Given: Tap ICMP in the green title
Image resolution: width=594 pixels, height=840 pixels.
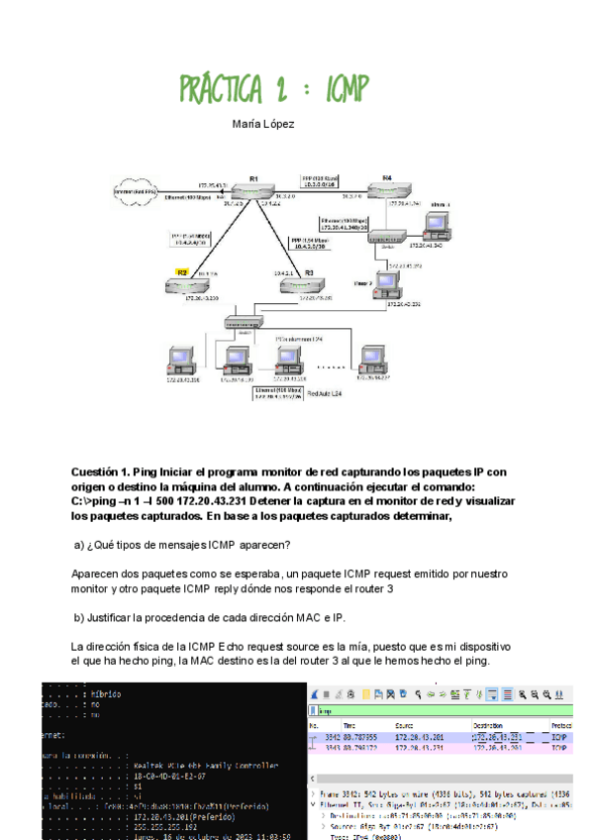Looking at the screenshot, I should point(342,89).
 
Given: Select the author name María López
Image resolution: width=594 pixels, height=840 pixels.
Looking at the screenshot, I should point(263,125).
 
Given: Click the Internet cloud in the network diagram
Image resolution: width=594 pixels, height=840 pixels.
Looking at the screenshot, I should point(138,190).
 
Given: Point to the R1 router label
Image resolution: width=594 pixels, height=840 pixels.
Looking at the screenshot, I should point(254,178).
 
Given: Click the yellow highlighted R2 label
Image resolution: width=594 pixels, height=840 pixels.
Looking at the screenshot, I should point(182,271).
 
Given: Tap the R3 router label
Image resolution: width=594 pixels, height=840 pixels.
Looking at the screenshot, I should point(309,271).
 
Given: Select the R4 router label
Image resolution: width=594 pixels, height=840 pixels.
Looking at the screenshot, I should point(387,178).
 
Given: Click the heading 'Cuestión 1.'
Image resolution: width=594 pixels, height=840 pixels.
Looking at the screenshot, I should point(103,472).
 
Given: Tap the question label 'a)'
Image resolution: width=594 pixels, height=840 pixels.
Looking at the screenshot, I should point(80,545).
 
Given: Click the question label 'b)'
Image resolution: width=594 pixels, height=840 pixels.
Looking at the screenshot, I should point(80,618).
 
